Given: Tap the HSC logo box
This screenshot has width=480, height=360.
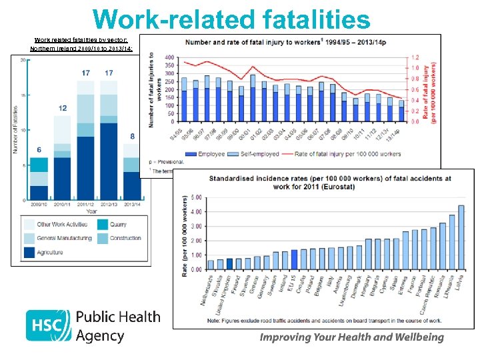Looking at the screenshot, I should click(48, 325).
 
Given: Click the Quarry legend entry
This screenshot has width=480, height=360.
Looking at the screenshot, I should click(118, 225).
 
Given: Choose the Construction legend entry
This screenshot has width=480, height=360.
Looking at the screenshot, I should click(125, 238).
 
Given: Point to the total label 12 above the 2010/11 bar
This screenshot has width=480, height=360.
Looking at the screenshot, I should click(62, 108).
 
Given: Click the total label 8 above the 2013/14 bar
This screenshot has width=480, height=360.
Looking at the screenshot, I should click(133, 137).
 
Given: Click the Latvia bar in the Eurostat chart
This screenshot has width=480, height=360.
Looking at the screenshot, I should click(461, 237).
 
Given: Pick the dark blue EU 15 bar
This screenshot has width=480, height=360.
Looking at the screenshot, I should click(294, 260).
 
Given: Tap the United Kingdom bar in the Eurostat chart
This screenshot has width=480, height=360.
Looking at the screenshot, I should click(229, 264).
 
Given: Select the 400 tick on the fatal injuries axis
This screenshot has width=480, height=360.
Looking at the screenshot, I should click(169, 57).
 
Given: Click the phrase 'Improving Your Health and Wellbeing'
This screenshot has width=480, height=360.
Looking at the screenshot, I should click(351, 337).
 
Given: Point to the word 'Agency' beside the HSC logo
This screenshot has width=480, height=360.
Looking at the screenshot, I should click(100, 336).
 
